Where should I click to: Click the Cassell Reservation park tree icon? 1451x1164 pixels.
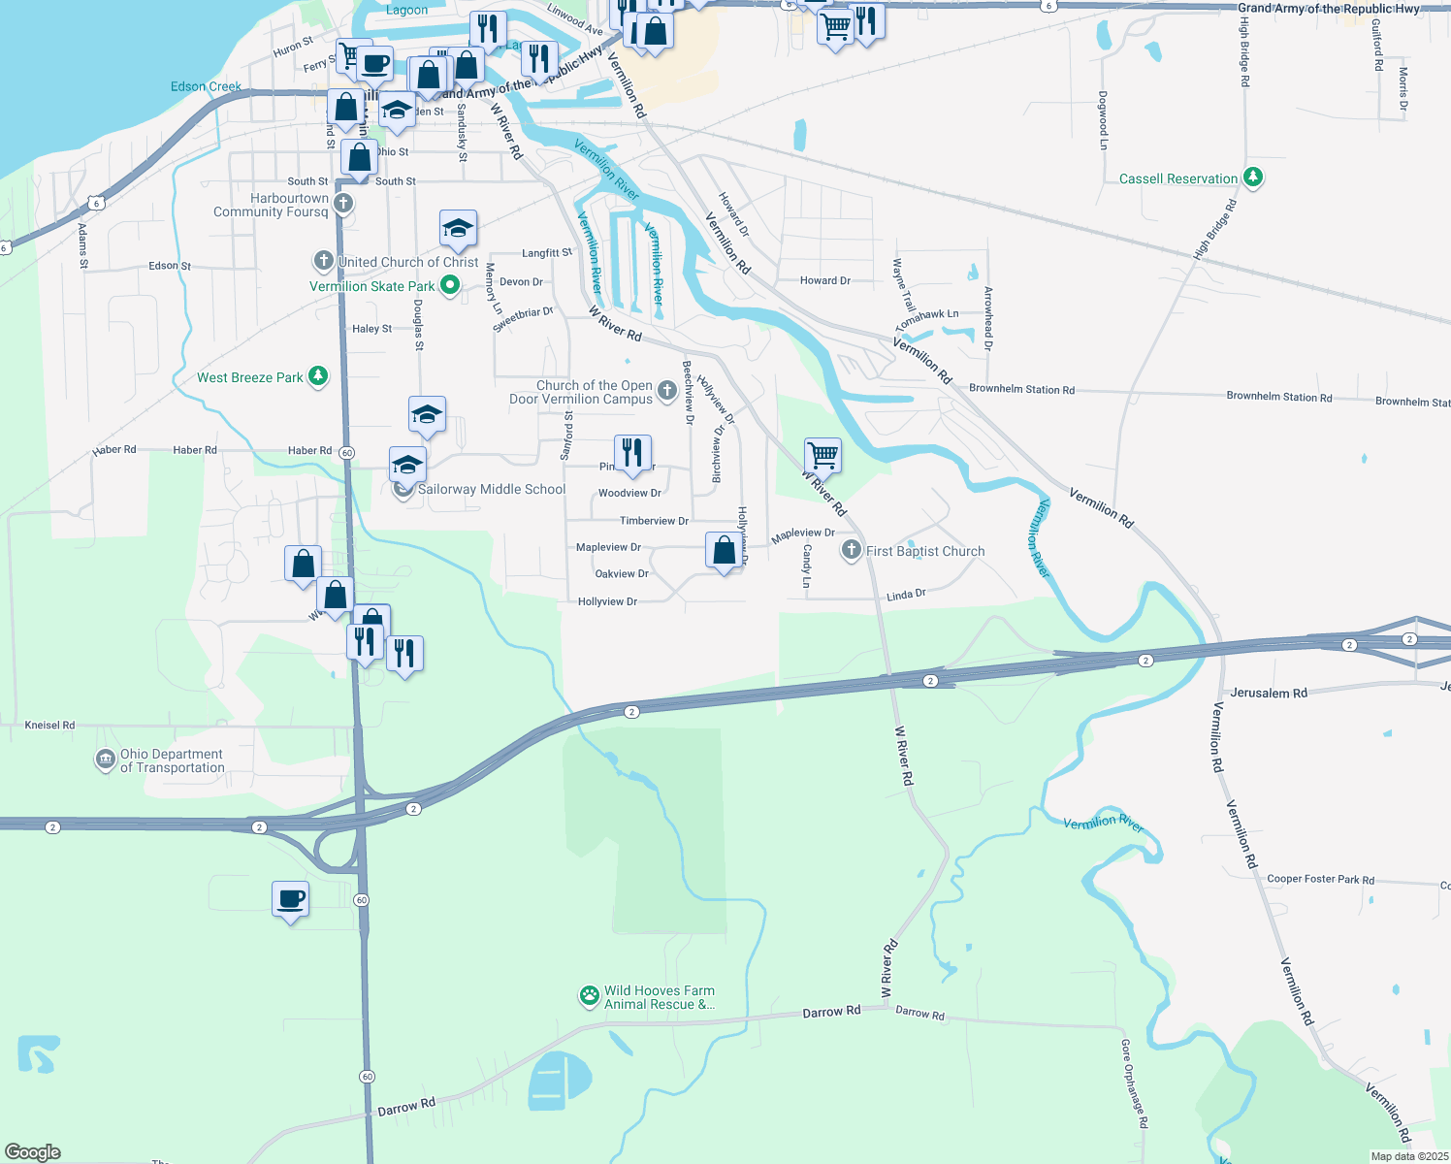pyautogui.click(x=1253, y=178)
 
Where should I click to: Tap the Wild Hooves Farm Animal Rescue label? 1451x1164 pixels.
pyautogui.click(x=659, y=997)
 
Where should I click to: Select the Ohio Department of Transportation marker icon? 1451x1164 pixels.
pyautogui.click(x=105, y=760)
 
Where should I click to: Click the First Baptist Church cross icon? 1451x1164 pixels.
pyautogui.click(x=851, y=551)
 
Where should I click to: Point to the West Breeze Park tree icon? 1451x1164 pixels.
pyautogui.click(x=317, y=376)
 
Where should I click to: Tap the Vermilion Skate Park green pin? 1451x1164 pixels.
pyautogui.click(x=449, y=285)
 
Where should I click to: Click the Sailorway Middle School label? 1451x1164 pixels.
pyautogui.click(x=491, y=489)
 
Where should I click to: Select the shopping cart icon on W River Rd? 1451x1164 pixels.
pyautogui.click(x=822, y=454)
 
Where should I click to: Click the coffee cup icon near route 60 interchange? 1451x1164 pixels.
pyautogui.click(x=291, y=898)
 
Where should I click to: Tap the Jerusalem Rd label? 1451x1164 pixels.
pyautogui.click(x=1268, y=693)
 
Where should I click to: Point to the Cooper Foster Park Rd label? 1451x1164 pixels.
pyautogui.click(x=1320, y=879)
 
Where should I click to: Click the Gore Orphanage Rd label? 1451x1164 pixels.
pyautogui.click(x=1134, y=1083)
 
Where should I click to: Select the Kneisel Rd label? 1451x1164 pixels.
pyautogui.click(x=49, y=725)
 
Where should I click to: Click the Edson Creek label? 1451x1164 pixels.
pyautogui.click(x=206, y=86)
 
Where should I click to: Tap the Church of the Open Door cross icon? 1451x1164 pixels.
pyautogui.click(x=666, y=391)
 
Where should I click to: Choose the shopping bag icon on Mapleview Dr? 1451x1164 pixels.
pyautogui.click(x=724, y=550)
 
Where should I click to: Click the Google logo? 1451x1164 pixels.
pyautogui.click(x=33, y=1151)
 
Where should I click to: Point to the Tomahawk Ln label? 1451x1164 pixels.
pyautogui.click(x=926, y=318)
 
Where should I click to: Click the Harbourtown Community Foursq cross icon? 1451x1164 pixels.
pyautogui.click(x=343, y=204)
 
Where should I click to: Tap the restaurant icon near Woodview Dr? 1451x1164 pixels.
pyautogui.click(x=632, y=452)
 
